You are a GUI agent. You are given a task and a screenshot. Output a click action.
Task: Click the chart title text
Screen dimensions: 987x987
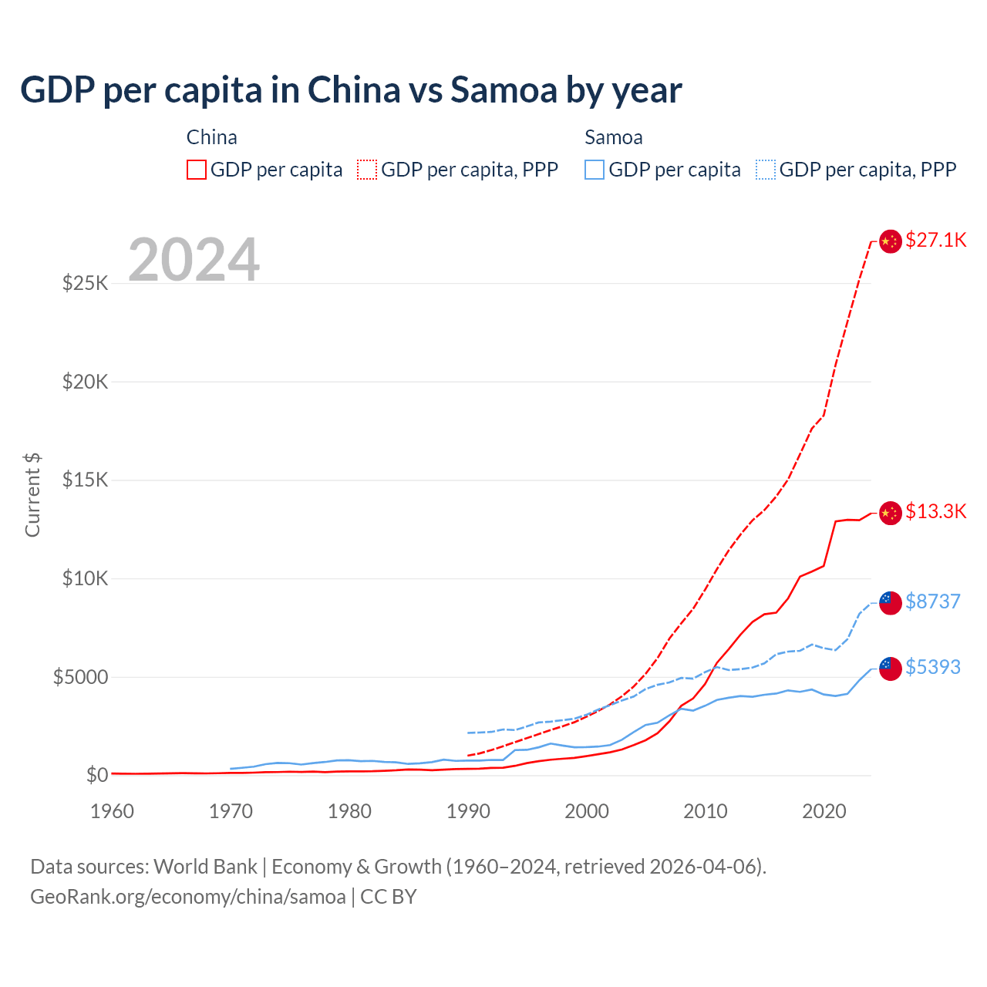coord(351,90)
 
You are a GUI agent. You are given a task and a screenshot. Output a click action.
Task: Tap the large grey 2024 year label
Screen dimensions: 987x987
coord(194,260)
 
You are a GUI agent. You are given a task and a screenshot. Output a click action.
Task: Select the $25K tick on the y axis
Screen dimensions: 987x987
coord(86,283)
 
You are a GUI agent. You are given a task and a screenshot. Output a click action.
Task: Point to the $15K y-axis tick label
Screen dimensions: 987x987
coord(86,480)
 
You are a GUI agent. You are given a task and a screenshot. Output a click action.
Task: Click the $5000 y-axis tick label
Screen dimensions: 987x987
coord(80,677)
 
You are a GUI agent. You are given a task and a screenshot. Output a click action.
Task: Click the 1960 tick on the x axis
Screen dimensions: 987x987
coord(113,811)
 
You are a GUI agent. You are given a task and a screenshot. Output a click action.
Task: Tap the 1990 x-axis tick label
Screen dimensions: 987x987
coord(468,811)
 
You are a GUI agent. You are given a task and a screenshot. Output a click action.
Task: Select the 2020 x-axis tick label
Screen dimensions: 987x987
coord(824,811)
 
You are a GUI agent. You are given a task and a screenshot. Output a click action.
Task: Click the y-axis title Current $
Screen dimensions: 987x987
coord(32,495)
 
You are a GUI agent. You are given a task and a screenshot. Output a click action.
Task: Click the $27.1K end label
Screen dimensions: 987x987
coord(936,240)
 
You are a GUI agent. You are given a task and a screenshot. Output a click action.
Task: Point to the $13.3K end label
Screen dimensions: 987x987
coord(936,511)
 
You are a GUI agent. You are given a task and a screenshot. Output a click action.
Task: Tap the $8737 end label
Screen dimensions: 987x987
coord(933,601)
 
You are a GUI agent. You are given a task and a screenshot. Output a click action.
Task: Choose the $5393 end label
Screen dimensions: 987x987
coord(933,667)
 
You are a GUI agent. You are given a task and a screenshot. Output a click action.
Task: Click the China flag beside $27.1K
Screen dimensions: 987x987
coord(891,241)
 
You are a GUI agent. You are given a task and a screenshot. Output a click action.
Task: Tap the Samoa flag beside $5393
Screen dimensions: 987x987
coord(891,669)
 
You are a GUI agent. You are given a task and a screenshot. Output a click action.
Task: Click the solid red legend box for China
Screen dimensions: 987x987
coord(197,170)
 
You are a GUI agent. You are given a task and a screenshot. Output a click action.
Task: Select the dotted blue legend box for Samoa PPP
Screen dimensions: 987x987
coord(766,170)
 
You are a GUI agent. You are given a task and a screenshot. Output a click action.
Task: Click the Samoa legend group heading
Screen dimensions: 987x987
coord(614,137)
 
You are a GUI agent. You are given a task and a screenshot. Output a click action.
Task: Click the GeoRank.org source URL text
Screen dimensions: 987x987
coord(188,897)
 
